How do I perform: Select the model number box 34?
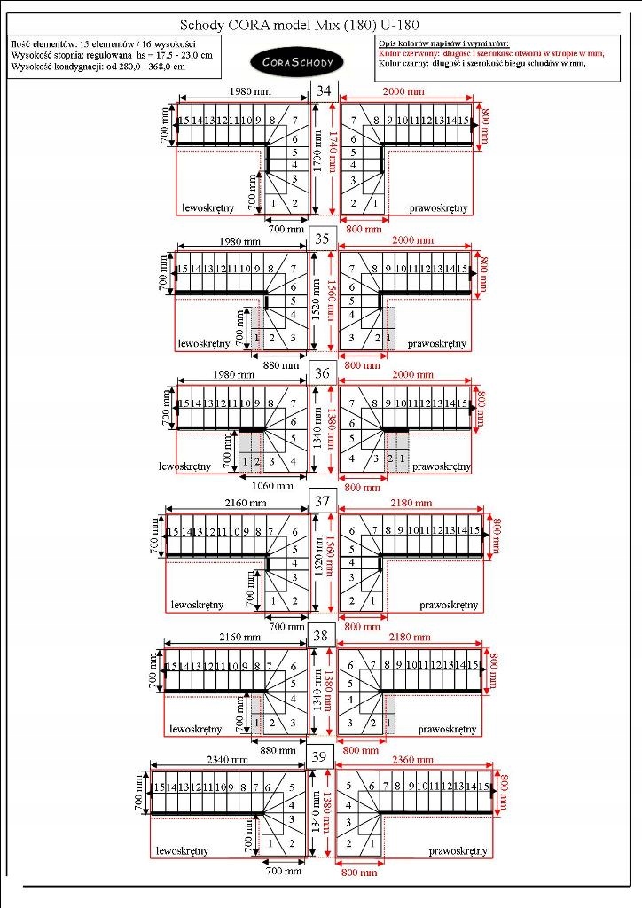324,91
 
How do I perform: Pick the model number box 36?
323,372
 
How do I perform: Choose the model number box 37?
323,501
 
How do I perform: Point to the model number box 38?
321,634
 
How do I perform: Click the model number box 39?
321,756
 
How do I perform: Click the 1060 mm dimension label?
271,485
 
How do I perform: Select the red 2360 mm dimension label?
413,760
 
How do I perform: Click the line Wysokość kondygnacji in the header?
99,66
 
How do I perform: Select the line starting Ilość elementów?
104,43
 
